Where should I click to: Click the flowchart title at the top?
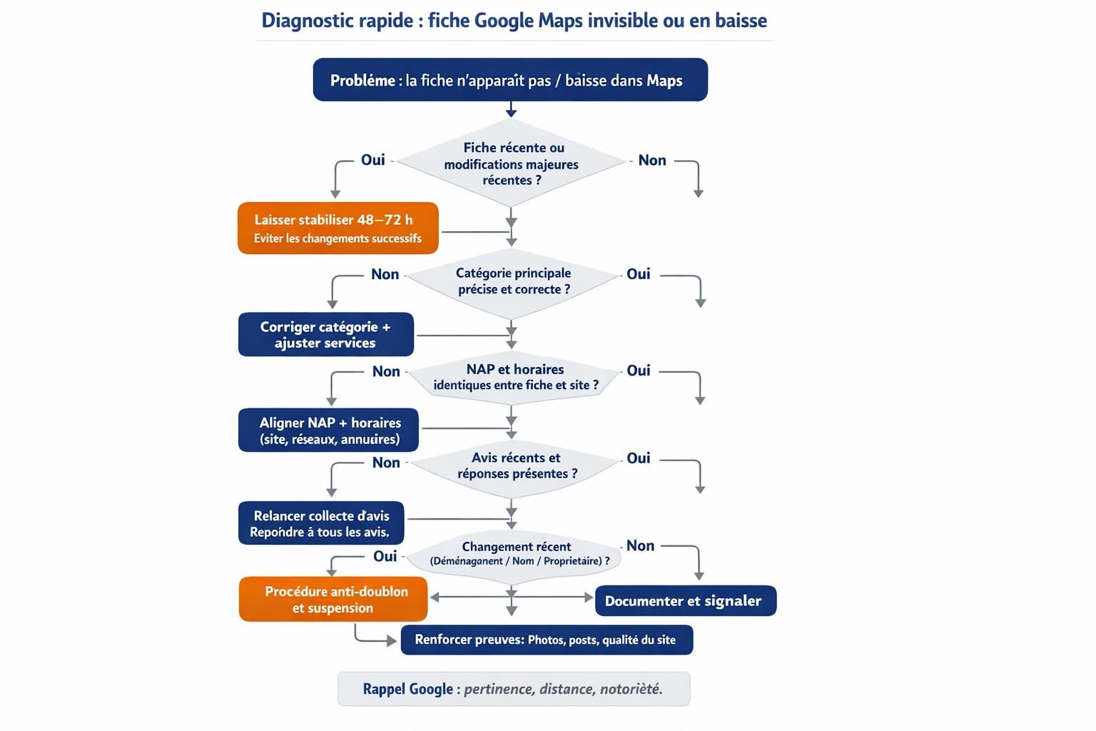(514, 20)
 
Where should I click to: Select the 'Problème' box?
(509, 80)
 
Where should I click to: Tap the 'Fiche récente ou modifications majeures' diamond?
(511, 163)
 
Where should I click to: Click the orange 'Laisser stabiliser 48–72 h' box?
(338, 228)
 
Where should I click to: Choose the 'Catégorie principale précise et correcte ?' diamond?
(512, 281)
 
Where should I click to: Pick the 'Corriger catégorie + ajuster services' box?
(325, 334)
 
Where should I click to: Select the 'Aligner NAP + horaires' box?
(328, 430)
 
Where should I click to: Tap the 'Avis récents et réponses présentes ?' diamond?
(515, 465)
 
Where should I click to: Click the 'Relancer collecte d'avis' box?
(320, 523)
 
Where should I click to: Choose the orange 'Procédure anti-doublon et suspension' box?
(333, 599)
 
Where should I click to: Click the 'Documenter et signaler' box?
(685, 601)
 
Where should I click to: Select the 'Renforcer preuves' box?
(547, 640)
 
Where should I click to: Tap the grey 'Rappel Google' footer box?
(514, 689)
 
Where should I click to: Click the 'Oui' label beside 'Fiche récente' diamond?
(372, 160)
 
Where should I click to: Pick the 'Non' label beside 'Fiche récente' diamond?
(652, 161)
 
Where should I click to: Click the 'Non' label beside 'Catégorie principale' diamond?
(385, 275)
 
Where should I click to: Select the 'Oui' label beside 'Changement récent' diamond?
(385, 556)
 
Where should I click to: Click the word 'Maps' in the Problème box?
(664, 81)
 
